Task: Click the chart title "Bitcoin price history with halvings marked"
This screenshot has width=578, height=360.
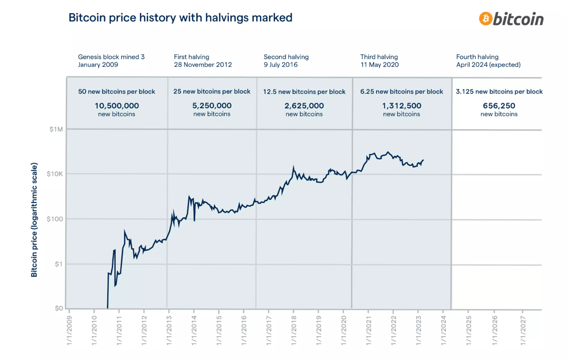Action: pyautogui.click(x=180, y=18)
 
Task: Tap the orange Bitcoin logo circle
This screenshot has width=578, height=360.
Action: pyautogui.click(x=485, y=18)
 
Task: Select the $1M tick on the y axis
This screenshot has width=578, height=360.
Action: pyautogui.click(x=56, y=129)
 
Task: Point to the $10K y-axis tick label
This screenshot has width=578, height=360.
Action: pyautogui.click(x=54, y=174)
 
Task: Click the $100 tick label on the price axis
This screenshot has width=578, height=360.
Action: pyautogui.click(x=55, y=219)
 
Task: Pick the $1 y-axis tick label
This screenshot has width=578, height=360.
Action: pyautogui.click(x=58, y=264)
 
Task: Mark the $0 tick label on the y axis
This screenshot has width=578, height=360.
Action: pyautogui.click(x=58, y=308)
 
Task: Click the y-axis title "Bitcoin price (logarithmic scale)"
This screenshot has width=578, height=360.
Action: pyautogui.click(x=34, y=220)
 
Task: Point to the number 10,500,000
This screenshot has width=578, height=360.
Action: pyautogui.click(x=117, y=106)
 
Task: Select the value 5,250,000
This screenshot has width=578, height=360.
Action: pyautogui.click(x=212, y=106)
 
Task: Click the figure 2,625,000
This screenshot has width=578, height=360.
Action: pyautogui.click(x=304, y=106)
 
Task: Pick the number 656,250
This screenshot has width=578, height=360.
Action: pyautogui.click(x=499, y=106)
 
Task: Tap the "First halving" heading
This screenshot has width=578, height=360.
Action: pyautogui.click(x=191, y=57)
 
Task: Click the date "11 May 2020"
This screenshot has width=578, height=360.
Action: pyautogui.click(x=379, y=65)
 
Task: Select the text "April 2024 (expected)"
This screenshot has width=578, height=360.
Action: pyautogui.click(x=488, y=65)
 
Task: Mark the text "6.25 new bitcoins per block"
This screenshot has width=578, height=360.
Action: pyautogui.click(x=401, y=91)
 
